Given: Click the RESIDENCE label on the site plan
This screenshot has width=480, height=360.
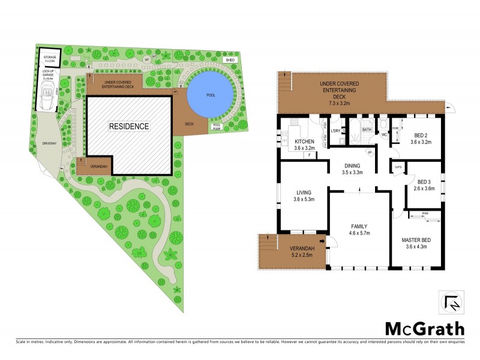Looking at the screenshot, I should point(128,126).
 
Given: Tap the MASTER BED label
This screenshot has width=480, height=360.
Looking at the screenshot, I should point(417,240).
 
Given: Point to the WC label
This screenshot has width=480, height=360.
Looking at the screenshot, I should point(384,135).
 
